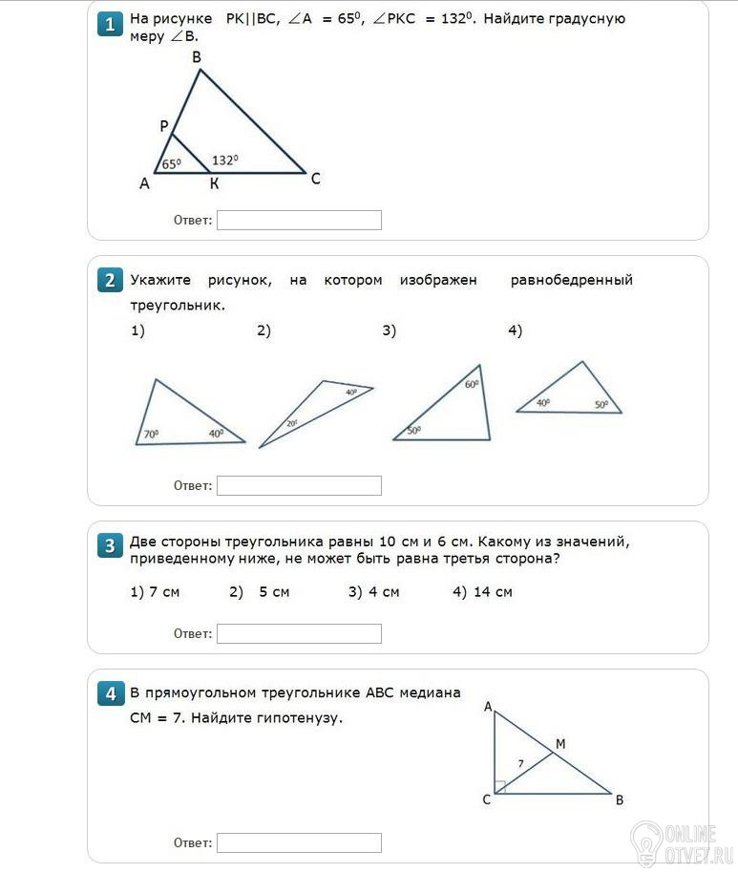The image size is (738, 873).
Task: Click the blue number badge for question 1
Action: (x=111, y=24)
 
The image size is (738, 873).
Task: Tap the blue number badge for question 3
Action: (x=111, y=545)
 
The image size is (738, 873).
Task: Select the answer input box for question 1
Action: (x=299, y=221)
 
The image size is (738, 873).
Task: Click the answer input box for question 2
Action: (x=299, y=485)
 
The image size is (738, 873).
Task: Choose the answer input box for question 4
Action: (x=299, y=842)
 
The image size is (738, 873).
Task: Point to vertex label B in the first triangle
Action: (x=197, y=57)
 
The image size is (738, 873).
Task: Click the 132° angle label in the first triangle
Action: (x=225, y=160)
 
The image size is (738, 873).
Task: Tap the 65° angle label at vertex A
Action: (x=171, y=164)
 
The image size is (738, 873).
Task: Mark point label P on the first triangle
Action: (x=164, y=126)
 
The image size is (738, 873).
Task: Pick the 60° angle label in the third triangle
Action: (x=472, y=384)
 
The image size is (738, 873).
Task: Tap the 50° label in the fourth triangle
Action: (x=601, y=404)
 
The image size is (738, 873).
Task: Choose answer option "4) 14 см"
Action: (x=482, y=592)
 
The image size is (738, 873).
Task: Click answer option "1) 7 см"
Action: (x=155, y=592)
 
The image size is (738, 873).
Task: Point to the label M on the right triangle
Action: (x=560, y=744)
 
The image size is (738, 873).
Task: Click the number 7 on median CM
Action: (x=520, y=763)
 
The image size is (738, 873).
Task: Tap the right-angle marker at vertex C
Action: (x=499, y=787)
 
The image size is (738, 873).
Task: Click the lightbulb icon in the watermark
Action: (x=646, y=840)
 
